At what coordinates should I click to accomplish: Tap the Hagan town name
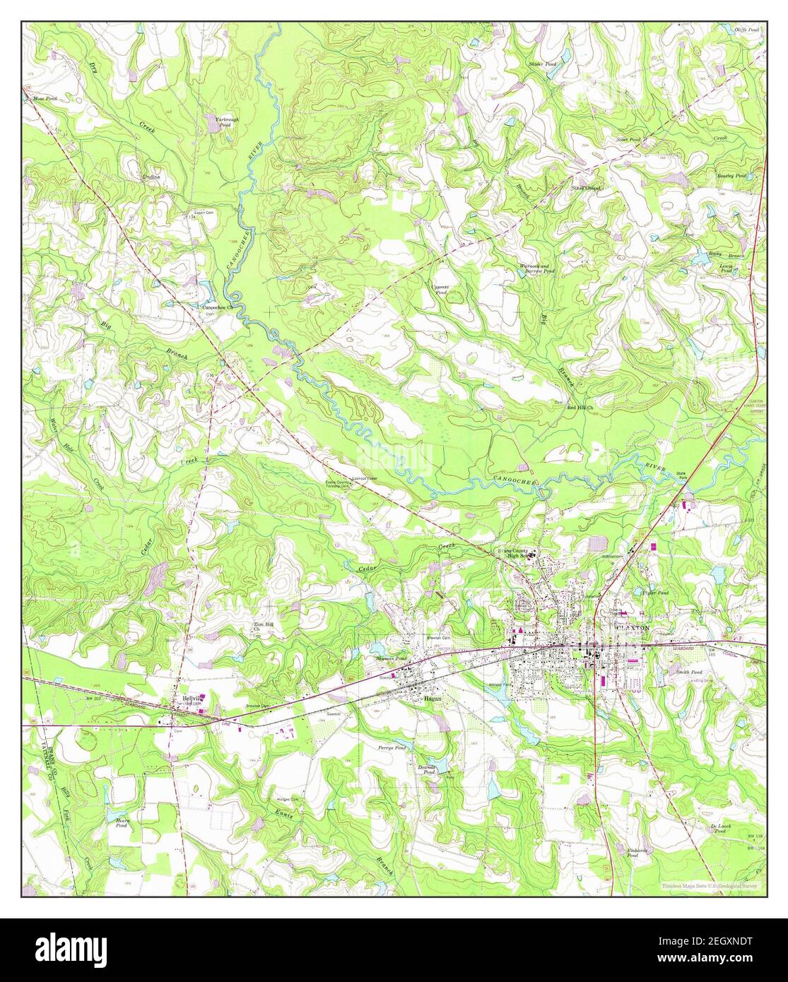[432, 697]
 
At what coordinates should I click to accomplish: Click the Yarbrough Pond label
[227, 123]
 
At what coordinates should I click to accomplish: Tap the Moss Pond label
[45, 99]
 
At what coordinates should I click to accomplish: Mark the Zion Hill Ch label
[262, 627]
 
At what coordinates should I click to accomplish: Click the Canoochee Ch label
[218, 308]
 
